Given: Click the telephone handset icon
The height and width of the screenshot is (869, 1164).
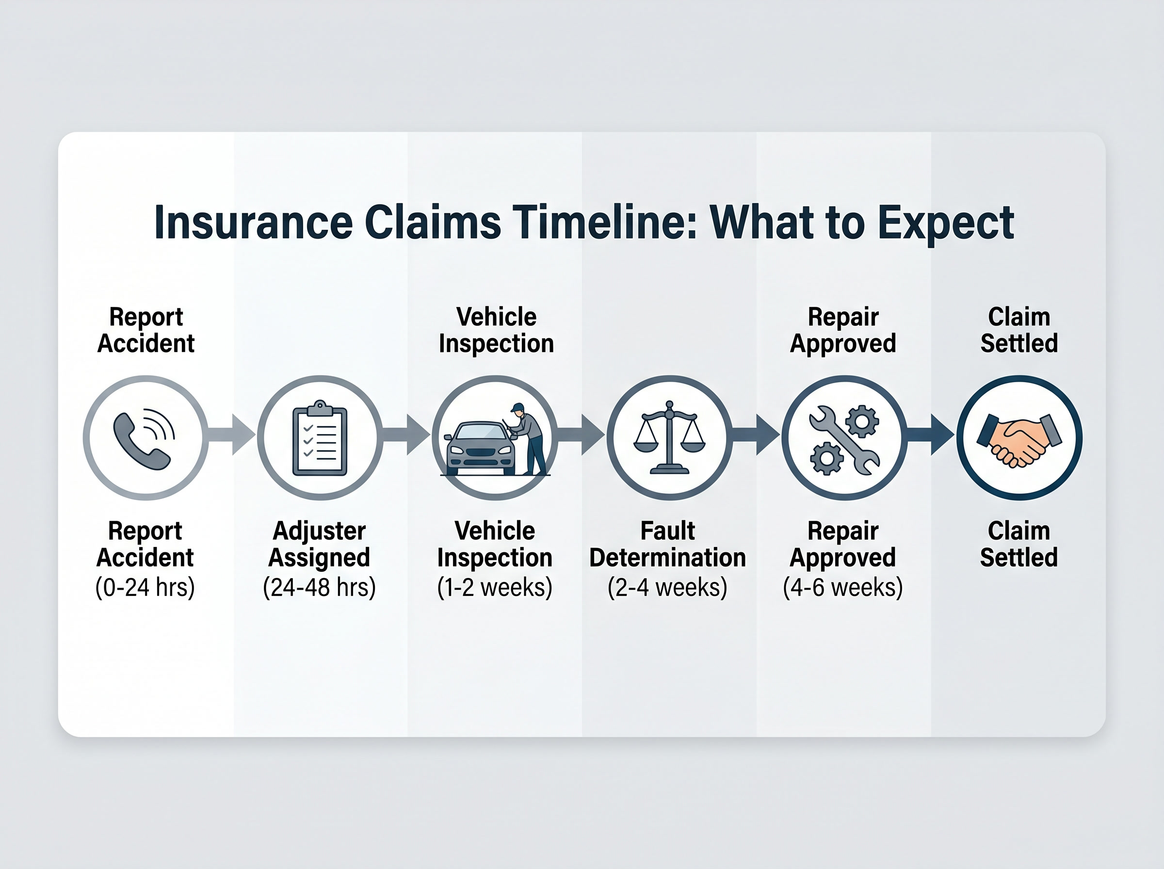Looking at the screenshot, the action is click(142, 441).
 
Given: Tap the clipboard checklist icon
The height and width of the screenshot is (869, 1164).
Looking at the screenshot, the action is click(320, 438).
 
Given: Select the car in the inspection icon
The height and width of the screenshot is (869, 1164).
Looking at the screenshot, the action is click(480, 448).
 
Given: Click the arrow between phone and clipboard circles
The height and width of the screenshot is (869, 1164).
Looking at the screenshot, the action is click(231, 434).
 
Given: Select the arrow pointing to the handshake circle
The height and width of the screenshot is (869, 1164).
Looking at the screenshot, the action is click(930, 434).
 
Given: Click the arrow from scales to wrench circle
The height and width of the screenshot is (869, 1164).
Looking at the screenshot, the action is click(755, 434).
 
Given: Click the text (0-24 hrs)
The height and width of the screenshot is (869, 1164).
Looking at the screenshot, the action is click(145, 587).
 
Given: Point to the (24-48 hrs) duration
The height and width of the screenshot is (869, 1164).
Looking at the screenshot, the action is click(319, 587).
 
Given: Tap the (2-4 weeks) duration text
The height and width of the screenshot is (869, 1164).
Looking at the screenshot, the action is click(667, 587).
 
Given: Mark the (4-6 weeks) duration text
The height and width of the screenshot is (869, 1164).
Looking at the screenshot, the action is click(842, 587).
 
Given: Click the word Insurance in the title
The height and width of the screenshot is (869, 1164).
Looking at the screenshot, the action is click(254, 223).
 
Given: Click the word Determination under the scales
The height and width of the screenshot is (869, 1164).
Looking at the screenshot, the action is click(667, 558).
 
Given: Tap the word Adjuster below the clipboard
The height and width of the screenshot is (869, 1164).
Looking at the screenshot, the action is click(319, 531).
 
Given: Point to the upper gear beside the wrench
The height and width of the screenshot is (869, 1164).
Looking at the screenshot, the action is click(861, 421).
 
